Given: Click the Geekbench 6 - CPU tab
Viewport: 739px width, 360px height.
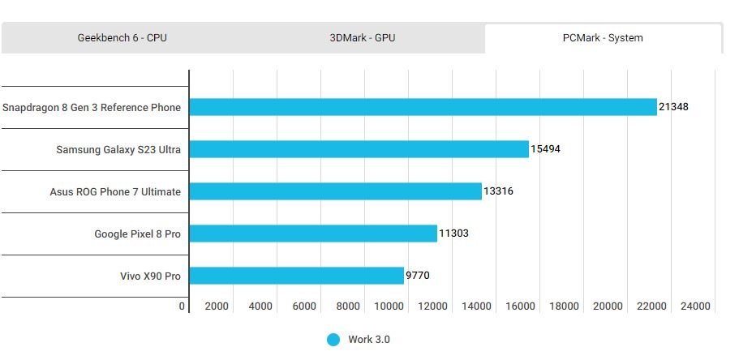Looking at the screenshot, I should [x=122, y=37].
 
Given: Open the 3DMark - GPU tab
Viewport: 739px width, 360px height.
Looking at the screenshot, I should [x=362, y=37].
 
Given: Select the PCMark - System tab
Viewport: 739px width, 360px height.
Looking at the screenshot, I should [x=603, y=37].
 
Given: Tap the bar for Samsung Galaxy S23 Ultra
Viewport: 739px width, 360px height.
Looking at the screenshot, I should [x=359, y=149].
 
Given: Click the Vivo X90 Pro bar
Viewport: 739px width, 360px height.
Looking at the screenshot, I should [x=296, y=276].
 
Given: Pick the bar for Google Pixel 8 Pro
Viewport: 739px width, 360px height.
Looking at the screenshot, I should [x=313, y=234].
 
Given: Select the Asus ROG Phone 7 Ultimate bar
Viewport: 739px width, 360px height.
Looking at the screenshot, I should [x=335, y=191].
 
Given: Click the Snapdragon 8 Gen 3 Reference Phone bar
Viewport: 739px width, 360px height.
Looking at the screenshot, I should [x=423, y=107].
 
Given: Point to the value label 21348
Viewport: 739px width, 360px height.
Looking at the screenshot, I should [x=673, y=107].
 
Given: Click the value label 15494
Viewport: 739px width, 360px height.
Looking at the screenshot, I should [x=545, y=149].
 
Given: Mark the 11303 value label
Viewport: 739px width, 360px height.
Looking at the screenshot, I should [x=453, y=234].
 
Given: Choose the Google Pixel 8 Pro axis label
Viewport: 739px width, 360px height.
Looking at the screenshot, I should [x=137, y=234].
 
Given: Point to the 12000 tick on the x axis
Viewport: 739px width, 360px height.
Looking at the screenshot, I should [x=434, y=306].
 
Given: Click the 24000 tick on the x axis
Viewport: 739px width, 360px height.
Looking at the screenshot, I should [x=696, y=306].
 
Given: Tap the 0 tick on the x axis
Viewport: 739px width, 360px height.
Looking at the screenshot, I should [x=183, y=306].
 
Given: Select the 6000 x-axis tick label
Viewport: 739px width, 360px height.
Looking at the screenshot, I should [x=303, y=306].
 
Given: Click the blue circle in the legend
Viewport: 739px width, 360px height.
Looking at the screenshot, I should [x=333, y=340].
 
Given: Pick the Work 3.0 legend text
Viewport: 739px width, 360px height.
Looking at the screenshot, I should [x=369, y=340].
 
